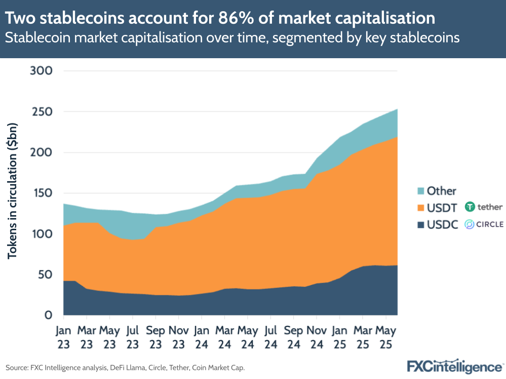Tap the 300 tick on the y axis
coord(42,70)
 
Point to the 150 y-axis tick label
coord(42,193)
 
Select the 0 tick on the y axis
coord(48,315)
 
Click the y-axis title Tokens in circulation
coord(12,191)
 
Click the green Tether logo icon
coord(470,206)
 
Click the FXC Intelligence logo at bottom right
coord(455,366)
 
